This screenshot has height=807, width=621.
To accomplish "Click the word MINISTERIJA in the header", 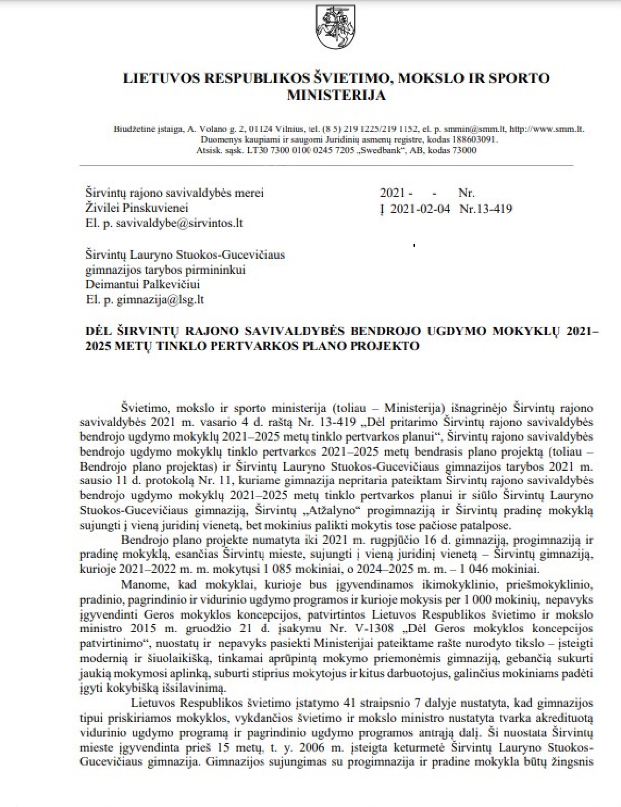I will click(337, 95).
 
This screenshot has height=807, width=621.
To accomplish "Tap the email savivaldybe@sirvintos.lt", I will click(164, 223).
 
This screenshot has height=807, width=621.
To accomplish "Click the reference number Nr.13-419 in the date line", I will click(486, 208).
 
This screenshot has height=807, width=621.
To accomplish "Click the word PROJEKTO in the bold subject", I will click(389, 346).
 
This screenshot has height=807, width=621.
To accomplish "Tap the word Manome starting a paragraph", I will click(140, 583).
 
